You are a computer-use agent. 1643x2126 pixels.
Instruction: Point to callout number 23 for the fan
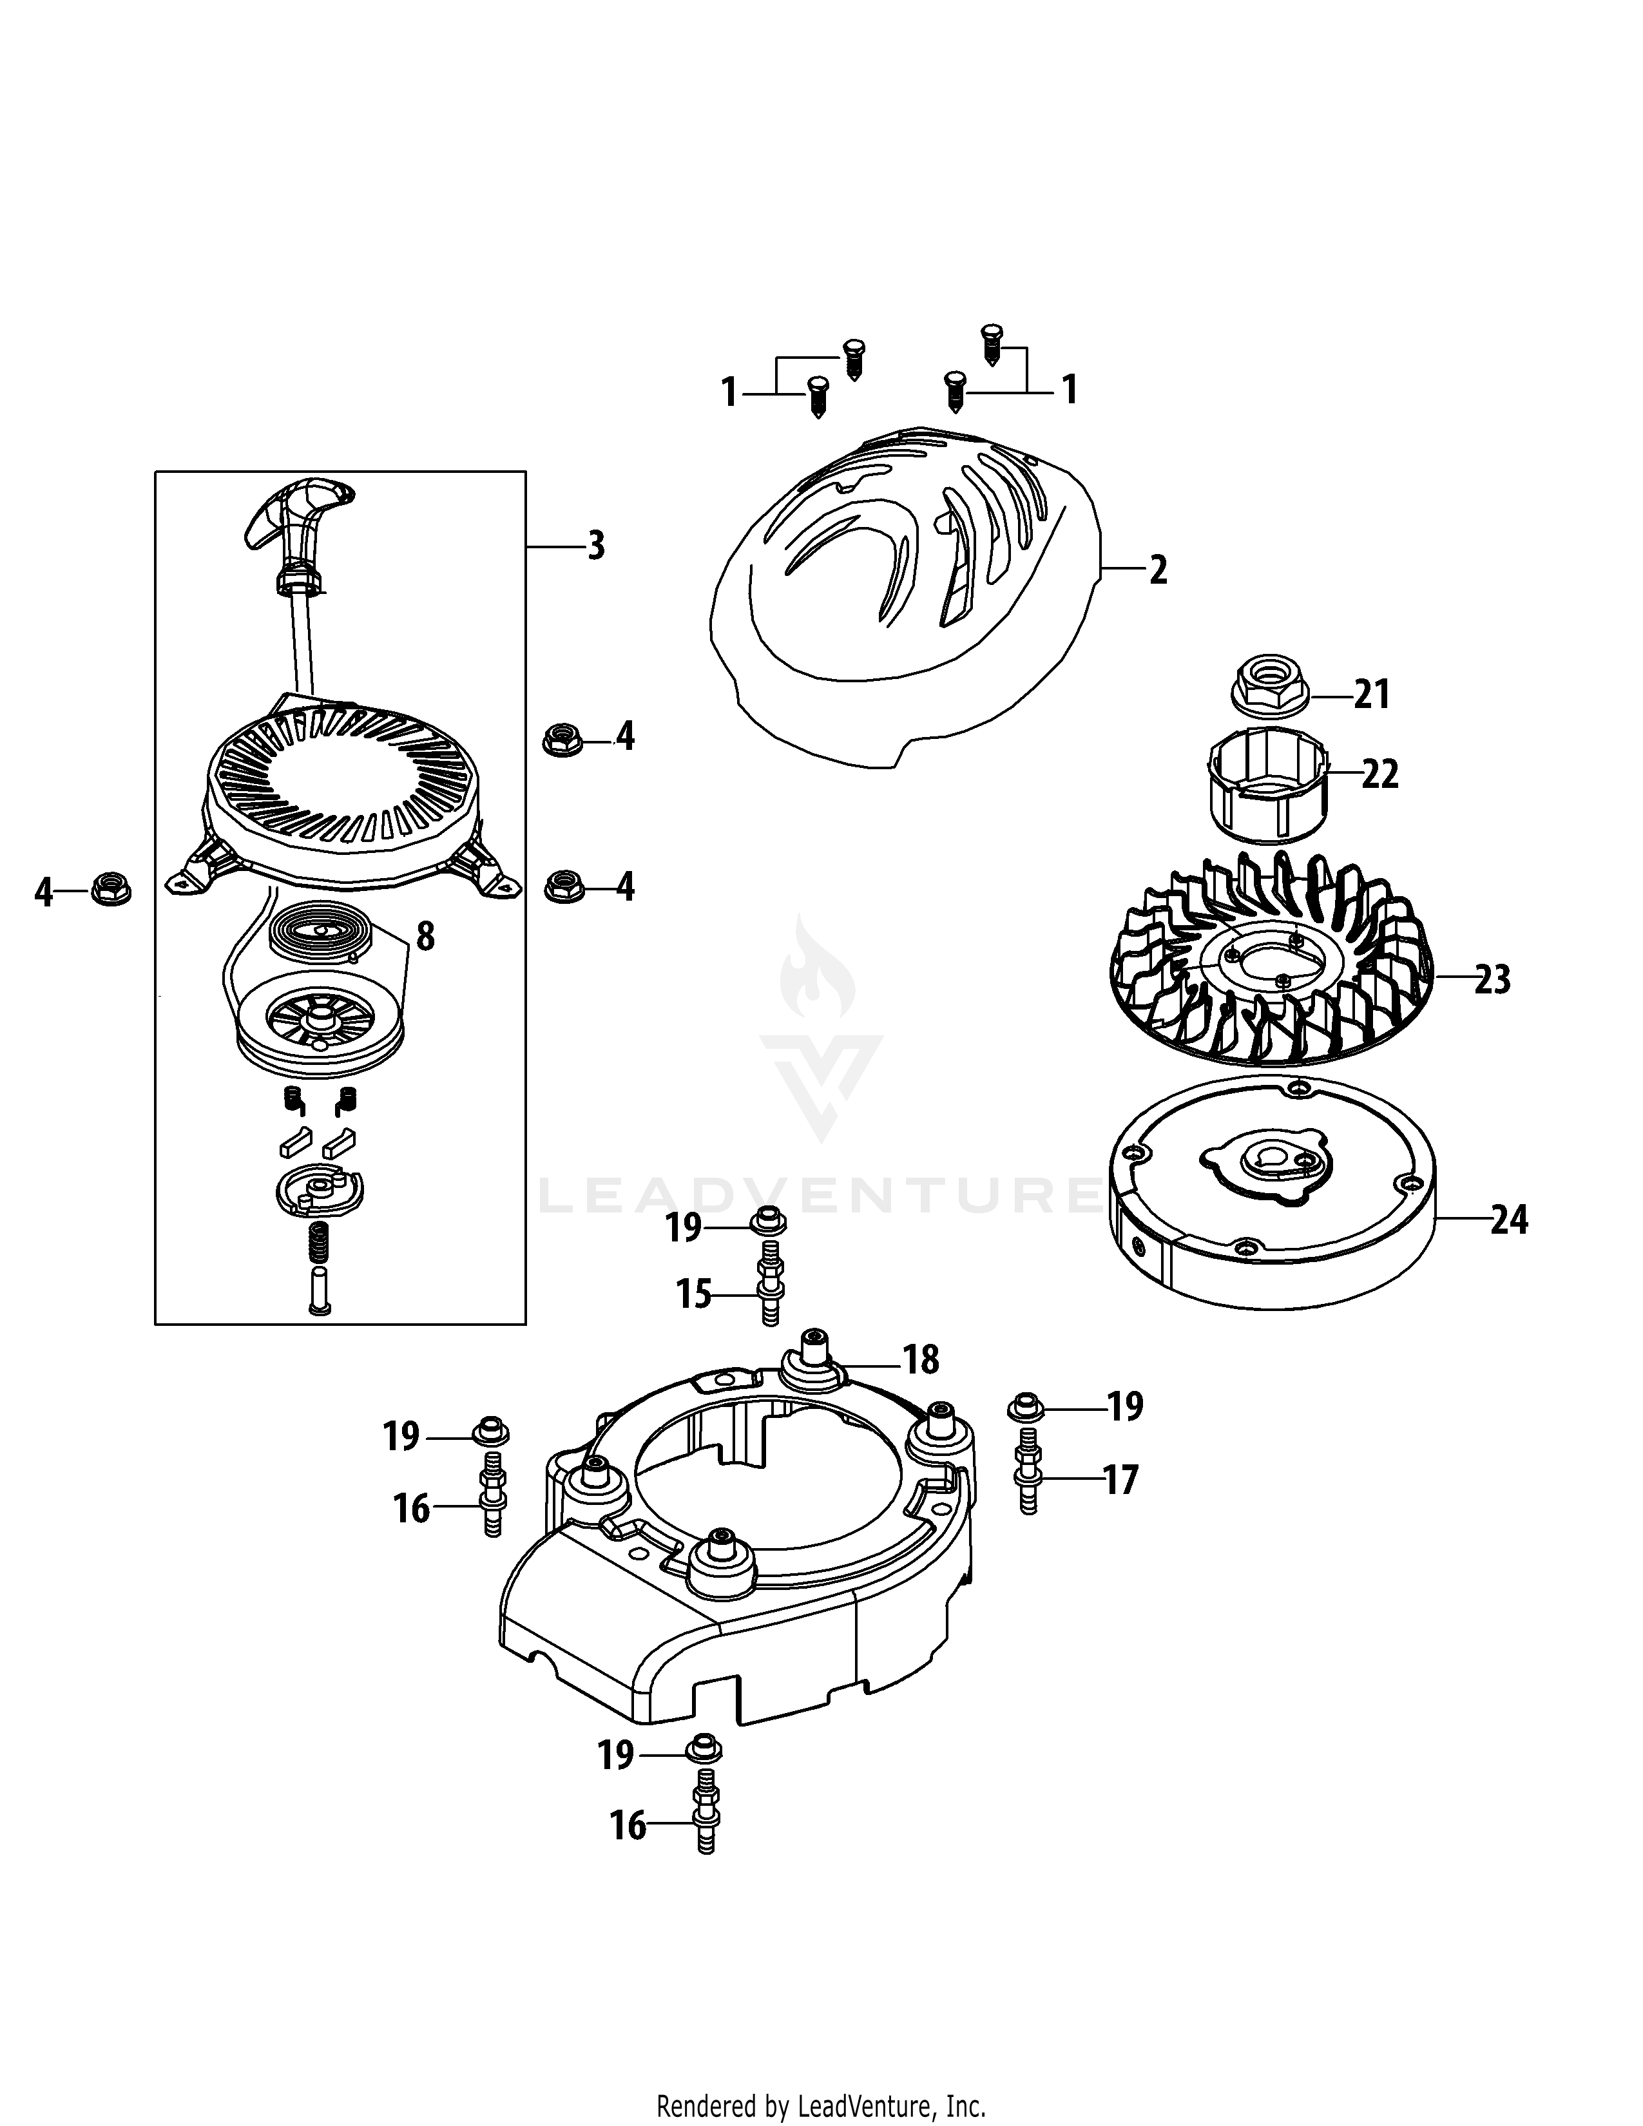(1491, 979)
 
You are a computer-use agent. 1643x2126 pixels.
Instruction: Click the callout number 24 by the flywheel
(1509, 1220)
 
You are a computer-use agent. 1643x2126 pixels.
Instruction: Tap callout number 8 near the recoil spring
(425, 937)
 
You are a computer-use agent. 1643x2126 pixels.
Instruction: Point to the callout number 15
(694, 1296)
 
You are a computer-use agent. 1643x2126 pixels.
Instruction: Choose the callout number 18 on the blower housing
(921, 1360)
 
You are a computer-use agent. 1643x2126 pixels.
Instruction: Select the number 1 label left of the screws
(729, 392)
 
